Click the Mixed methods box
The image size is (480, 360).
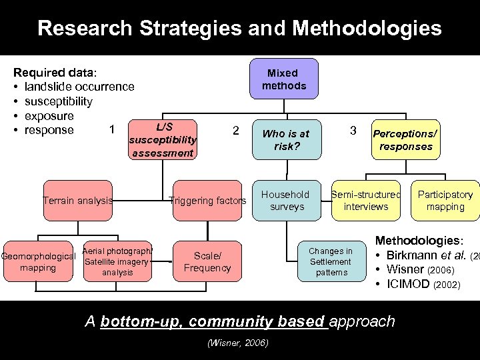[x=283, y=79]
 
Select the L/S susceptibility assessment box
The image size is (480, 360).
[x=163, y=140]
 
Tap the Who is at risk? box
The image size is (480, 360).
[x=285, y=140]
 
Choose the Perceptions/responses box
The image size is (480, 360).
[x=406, y=140]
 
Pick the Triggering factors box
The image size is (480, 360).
[x=207, y=200]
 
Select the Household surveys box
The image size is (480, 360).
[x=285, y=200]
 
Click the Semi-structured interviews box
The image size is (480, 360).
[x=366, y=200]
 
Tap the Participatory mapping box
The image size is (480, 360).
[x=445, y=200]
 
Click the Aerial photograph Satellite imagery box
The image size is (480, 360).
[x=118, y=261]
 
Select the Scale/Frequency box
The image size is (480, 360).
[x=207, y=262]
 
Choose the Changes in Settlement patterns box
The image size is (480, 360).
[x=331, y=261]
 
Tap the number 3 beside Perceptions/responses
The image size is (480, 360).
[x=353, y=129]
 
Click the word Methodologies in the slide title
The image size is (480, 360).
[x=367, y=28]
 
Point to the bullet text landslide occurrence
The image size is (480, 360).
[x=79, y=87]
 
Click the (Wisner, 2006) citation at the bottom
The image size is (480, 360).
[x=237, y=343]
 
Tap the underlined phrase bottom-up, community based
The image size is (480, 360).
[x=213, y=321]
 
